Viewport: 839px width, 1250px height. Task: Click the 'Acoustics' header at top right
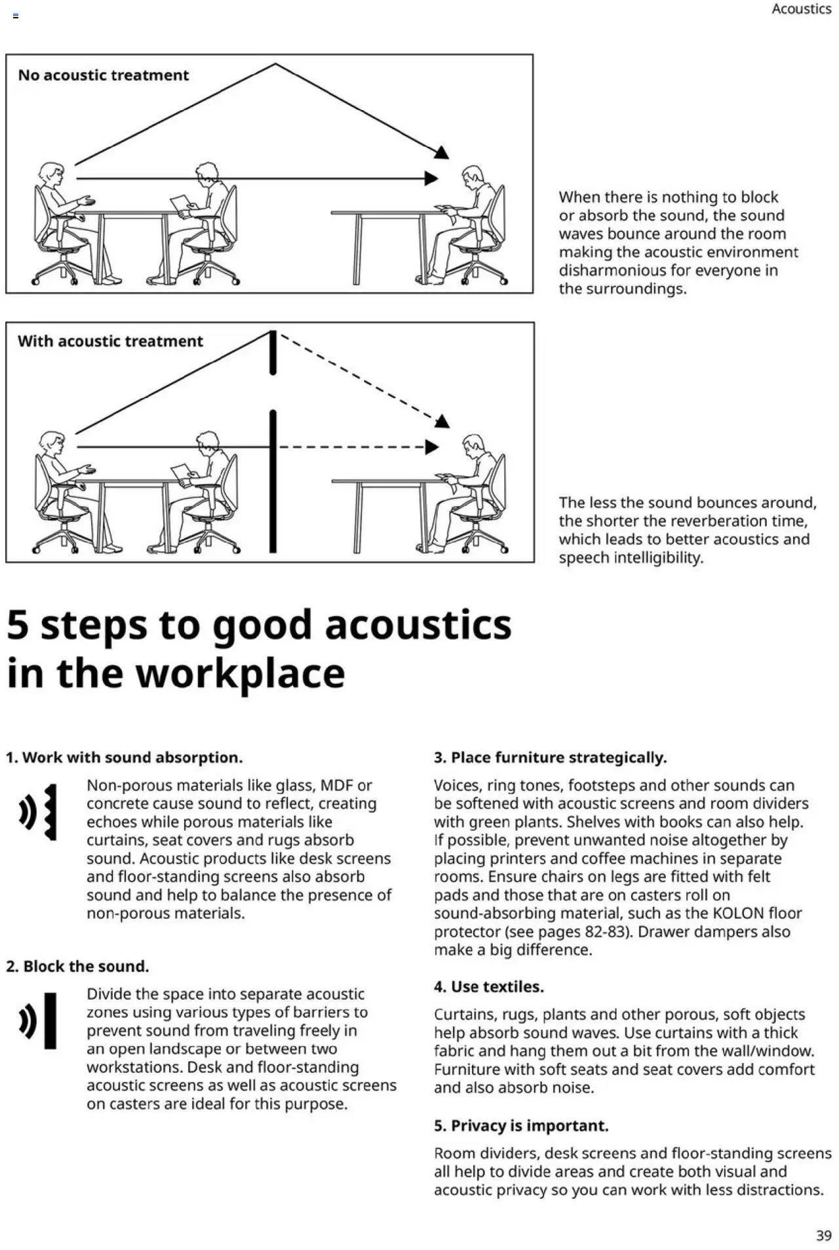(801, 9)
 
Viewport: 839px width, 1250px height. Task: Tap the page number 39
(823, 1236)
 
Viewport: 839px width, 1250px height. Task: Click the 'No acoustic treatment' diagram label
(104, 75)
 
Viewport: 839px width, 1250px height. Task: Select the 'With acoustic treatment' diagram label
(110, 341)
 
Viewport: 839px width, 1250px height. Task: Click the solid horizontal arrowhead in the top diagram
(431, 178)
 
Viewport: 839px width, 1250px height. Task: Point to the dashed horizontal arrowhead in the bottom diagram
(432, 447)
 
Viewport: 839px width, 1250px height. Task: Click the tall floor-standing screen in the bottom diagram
(273, 482)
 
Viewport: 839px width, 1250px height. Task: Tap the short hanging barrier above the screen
(273, 353)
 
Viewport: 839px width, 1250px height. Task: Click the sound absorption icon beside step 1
(38, 812)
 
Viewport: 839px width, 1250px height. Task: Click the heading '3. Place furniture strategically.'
(550, 757)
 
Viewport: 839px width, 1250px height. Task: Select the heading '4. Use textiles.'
(488, 986)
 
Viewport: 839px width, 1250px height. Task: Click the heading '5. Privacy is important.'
(521, 1125)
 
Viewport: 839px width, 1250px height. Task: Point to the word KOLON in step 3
(738, 913)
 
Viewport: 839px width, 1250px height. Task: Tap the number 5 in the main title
(18, 624)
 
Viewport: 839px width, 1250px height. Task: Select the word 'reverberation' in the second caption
(695, 521)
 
